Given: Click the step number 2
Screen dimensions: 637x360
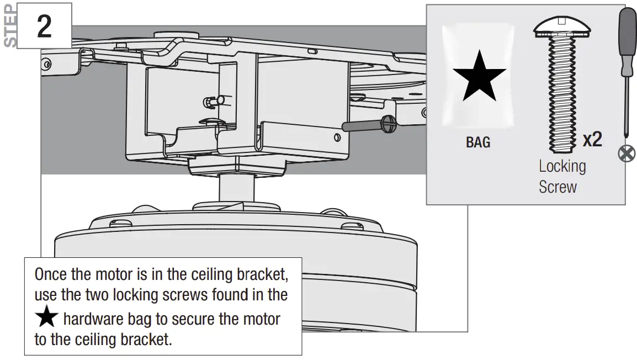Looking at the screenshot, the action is pyautogui.click(x=44, y=26).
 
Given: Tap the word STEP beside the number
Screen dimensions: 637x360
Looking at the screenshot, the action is pyautogui.click(x=9, y=27).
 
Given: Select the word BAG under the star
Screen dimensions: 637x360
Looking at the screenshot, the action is pyautogui.click(x=478, y=142).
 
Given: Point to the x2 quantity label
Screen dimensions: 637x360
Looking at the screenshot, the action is pyautogui.click(x=592, y=140).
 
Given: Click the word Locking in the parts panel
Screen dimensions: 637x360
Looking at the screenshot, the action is pyautogui.click(x=562, y=166).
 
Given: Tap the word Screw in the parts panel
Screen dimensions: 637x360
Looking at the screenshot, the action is pyautogui.click(x=558, y=187).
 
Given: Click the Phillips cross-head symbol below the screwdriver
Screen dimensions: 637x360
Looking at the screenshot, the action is pyautogui.click(x=626, y=153).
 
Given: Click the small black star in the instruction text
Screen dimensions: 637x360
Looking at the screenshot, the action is pyautogui.click(x=47, y=319).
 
